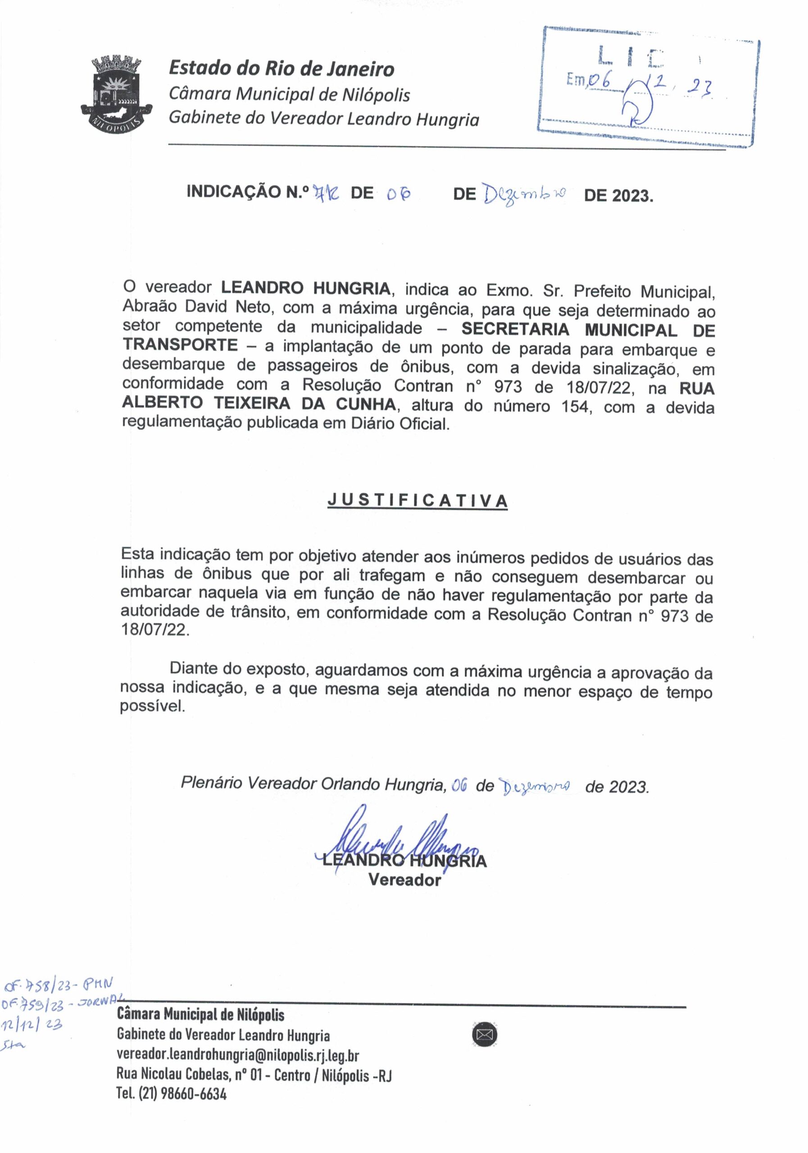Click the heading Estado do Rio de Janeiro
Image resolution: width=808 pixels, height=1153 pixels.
pos(281,69)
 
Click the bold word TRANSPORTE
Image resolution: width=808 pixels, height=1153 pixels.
pos(180,345)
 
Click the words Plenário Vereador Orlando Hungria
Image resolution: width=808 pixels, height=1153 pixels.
pos(313,783)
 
